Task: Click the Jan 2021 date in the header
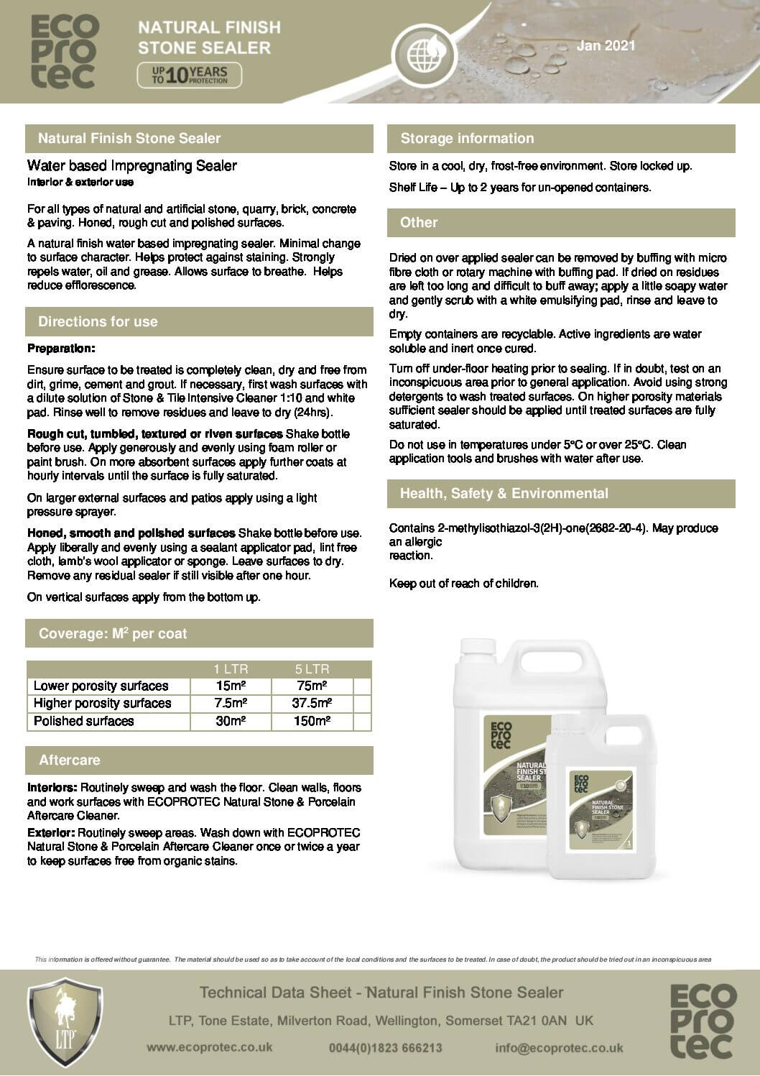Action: [x=606, y=46]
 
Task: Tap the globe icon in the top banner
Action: [x=422, y=51]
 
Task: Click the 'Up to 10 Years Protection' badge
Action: [x=190, y=75]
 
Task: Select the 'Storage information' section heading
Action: [x=467, y=139]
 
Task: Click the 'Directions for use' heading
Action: [x=98, y=322]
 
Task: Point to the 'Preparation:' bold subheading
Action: [x=61, y=349]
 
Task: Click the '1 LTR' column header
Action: [x=231, y=669]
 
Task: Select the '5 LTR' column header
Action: [x=312, y=669]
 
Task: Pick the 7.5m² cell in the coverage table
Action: [x=231, y=703]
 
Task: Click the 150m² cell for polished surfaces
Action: [x=312, y=721]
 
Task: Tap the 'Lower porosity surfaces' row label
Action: [x=101, y=686]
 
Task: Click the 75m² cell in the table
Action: [x=312, y=686]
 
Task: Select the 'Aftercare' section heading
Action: [x=70, y=760]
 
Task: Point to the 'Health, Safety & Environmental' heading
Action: [x=504, y=494]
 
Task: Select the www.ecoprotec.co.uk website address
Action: [x=209, y=1047]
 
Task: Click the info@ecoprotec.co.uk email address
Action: [x=559, y=1048]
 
